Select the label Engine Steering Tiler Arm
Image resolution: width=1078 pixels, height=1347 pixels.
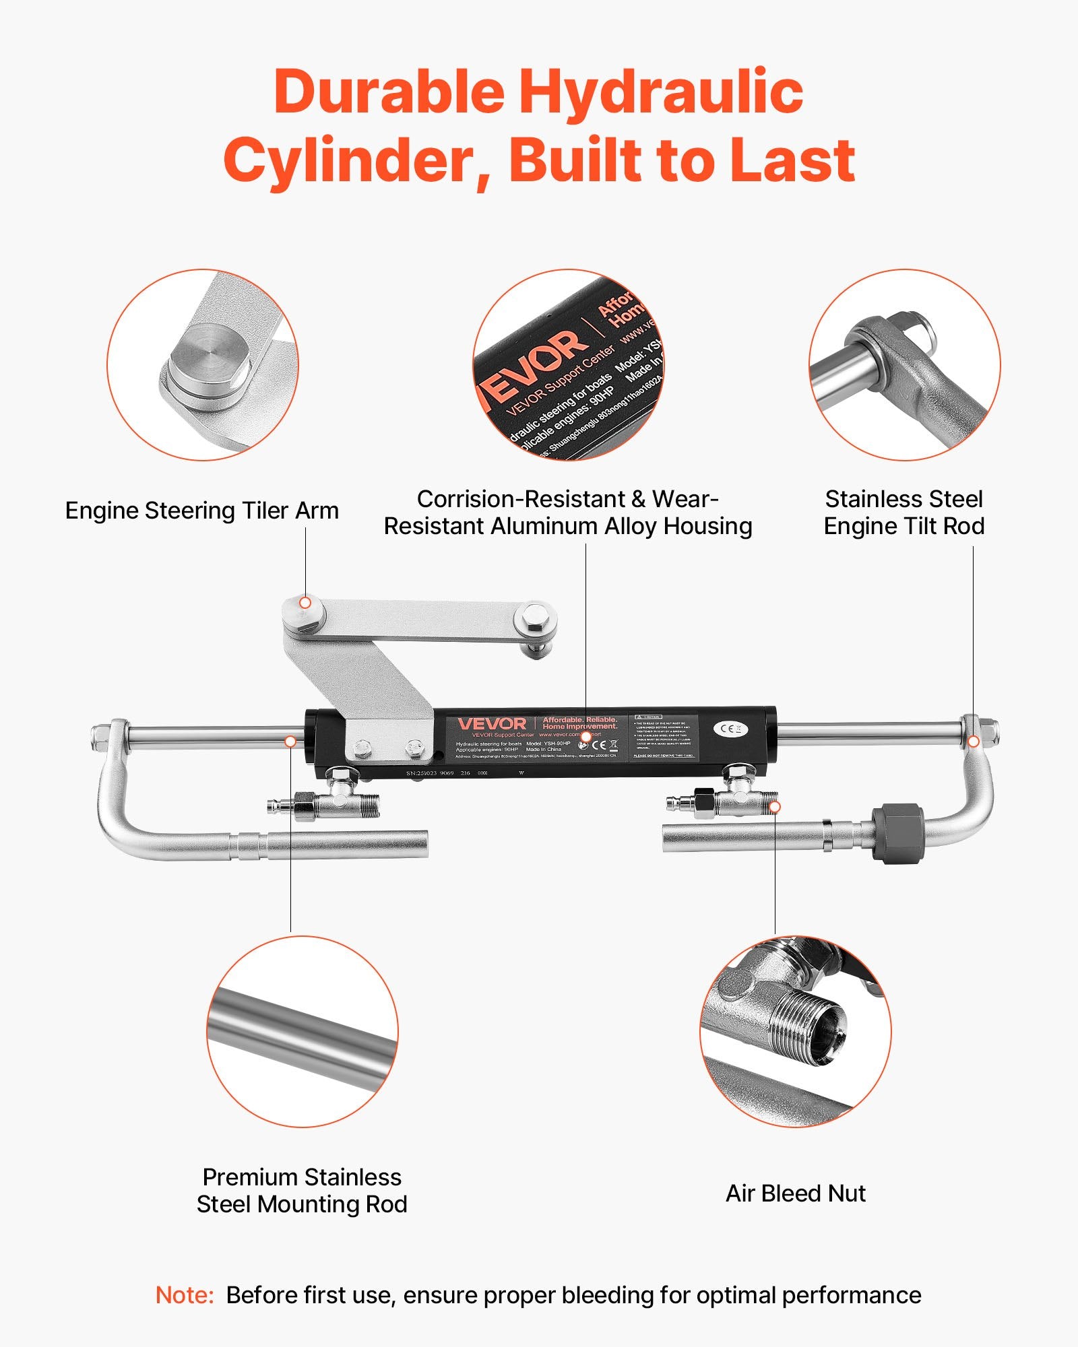(x=201, y=511)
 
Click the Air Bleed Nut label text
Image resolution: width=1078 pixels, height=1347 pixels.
(x=795, y=1193)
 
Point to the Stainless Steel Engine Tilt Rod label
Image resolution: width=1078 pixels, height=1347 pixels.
(x=903, y=512)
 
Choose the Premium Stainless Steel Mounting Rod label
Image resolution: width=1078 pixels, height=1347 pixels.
(x=302, y=1191)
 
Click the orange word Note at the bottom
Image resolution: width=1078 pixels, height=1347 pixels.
(x=184, y=1295)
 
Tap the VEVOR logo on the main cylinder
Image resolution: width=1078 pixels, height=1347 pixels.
(x=492, y=724)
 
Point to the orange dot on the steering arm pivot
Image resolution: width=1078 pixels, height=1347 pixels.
(x=305, y=603)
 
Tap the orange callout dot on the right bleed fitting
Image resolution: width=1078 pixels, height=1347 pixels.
(x=775, y=806)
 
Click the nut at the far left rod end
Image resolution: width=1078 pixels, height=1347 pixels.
(x=99, y=730)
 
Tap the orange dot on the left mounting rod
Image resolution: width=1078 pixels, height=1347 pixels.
(x=290, y=741)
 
